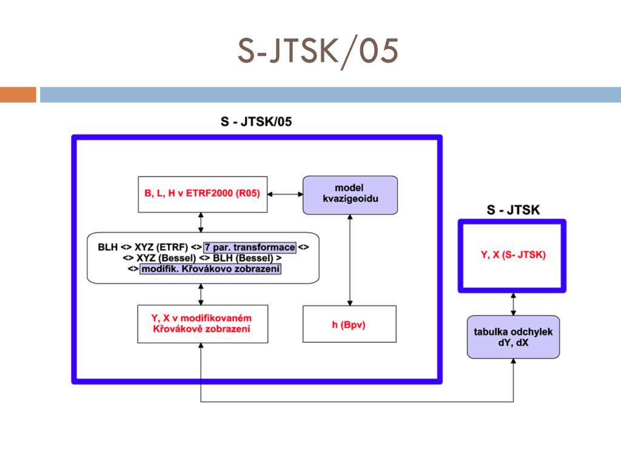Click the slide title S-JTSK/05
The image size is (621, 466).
coord(318,51)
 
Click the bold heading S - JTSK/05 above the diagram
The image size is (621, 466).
coord(256,121)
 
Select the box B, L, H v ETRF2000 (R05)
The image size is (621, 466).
coord(203,194)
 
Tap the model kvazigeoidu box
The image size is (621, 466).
coord(350,194)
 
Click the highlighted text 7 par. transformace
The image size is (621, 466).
coord(249,248)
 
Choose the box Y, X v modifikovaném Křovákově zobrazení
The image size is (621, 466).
coord(202,324)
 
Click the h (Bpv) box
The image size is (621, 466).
coord(349,324)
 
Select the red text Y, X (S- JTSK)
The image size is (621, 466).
coord(513,255)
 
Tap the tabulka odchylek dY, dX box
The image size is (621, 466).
coord(513,337)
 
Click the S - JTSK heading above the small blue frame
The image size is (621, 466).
coord(514,211)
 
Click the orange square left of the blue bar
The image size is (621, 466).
coord(18,95)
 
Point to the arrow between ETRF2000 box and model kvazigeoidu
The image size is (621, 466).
coord(285,194)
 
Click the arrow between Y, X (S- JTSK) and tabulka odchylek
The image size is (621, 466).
coord(514,304)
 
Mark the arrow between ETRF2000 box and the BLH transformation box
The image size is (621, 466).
coord(201,222)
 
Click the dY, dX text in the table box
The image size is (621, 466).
coord(513,343)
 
